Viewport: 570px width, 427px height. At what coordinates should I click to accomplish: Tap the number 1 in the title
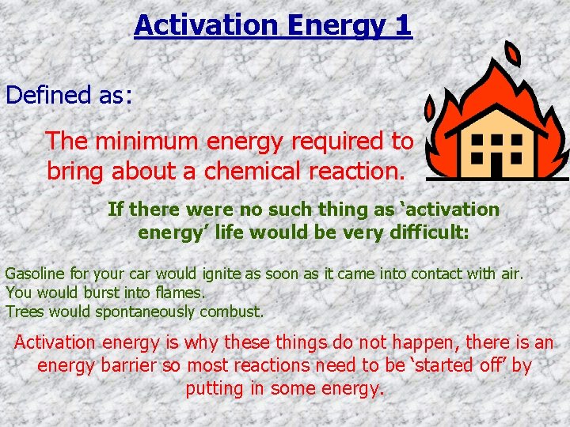pos(402,25)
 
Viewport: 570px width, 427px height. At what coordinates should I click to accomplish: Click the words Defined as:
pos(69,95)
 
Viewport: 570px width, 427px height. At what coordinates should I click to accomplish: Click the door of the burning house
pos(496,164)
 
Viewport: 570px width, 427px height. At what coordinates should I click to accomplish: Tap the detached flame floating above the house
pos(513,54)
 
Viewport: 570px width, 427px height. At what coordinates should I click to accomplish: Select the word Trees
pos(24,312)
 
